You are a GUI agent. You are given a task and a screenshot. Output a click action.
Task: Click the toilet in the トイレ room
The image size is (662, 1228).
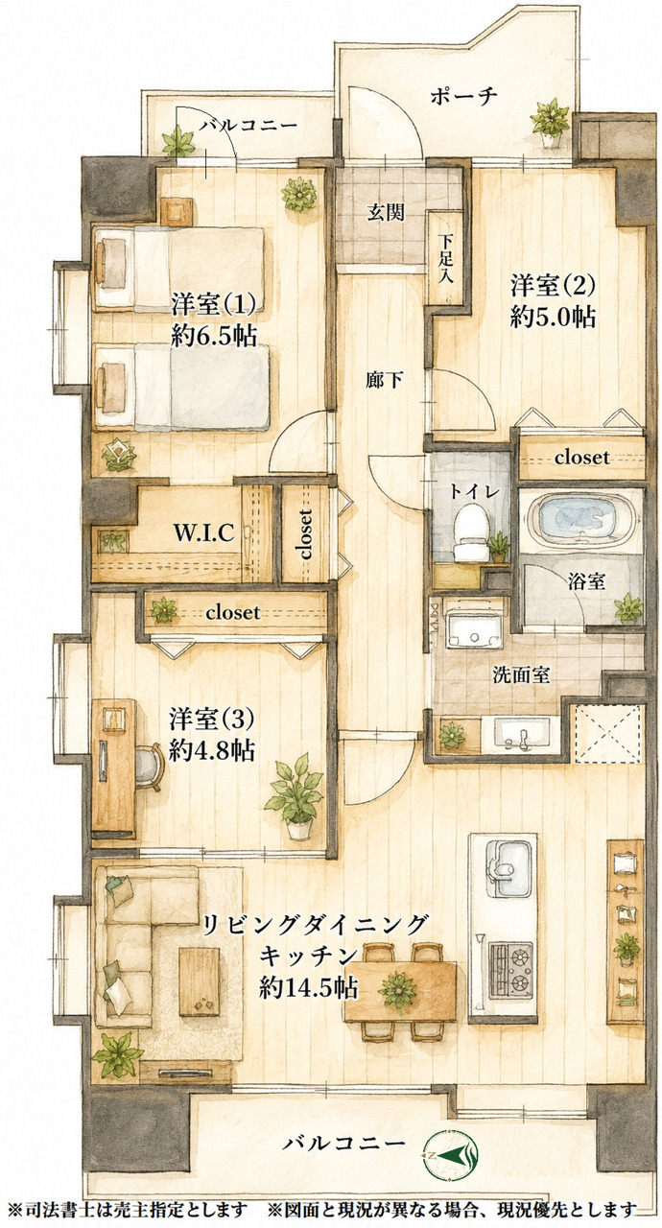point(472,531)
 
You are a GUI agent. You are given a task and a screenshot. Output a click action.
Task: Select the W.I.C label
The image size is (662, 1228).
point(203,532)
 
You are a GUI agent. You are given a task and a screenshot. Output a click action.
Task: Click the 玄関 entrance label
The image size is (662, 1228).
point(386,212)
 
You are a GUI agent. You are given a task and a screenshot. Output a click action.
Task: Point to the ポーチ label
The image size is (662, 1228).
point(463,96)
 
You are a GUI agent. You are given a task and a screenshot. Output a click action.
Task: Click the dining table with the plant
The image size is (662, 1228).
point(400,991)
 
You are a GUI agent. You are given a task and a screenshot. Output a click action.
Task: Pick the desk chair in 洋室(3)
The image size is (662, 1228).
point(148,767)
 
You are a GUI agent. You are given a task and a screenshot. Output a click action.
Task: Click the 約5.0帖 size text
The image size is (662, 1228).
point(553,317)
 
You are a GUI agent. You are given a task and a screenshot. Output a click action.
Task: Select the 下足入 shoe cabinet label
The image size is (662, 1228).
point(448,258)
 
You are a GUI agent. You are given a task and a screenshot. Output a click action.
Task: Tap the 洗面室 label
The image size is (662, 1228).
point(521,674)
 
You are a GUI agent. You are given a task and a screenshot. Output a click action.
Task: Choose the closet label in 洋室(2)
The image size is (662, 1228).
point(581,456)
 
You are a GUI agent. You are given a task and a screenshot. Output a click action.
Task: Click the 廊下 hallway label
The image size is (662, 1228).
point(385,379)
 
